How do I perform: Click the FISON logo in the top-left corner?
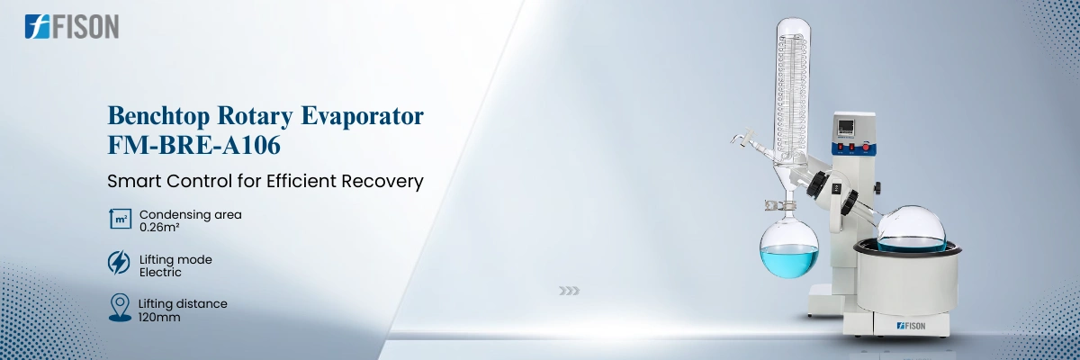[x=72, y=26]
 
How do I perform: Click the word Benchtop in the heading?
[x=158, y=116]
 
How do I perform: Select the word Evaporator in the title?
[x=362, y=117]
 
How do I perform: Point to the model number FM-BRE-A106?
[x=193, y=145]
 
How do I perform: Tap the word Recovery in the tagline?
[x=382, y=181]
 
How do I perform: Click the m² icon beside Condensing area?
[x=120, y=219]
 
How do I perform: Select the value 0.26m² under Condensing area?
[x=159, y=227]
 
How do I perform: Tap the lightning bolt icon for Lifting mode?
[x=119, y=263]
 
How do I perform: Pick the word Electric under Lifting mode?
[x=160, y=273]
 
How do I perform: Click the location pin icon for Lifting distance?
[x=120, y=308]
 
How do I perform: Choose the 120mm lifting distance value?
[x=159, y=317]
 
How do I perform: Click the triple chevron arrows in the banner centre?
[x=569, y=291]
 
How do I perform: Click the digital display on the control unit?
[x=846, y=128]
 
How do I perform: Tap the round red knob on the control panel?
[x=866, y=147]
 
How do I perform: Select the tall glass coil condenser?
[x=792, y=92]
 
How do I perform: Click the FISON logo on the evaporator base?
[x=911, y=327]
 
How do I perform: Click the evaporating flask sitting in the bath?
[x=911, y=229]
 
